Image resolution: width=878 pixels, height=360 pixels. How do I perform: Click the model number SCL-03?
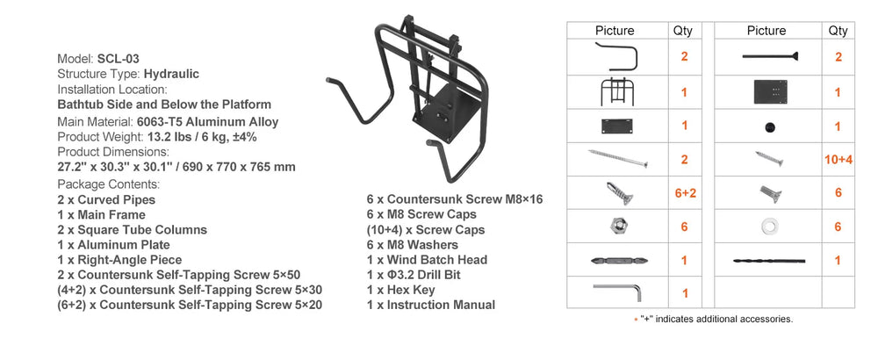(119, 59)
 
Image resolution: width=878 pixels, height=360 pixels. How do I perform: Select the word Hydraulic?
(171, 74)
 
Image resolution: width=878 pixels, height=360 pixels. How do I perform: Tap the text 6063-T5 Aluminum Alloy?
(208, 122)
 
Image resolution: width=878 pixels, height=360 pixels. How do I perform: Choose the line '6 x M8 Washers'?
(412, 245)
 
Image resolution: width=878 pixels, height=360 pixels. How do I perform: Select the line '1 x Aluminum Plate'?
(113, 245)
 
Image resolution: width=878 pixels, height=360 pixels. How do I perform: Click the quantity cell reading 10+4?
(838, 160)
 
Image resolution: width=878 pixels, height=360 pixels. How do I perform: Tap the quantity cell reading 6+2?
(684, 193)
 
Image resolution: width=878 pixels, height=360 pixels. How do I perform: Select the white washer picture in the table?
(769, 227)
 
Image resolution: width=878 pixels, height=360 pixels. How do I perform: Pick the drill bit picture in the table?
(769, 261)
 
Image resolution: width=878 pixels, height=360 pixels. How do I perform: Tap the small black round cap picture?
(770, 127)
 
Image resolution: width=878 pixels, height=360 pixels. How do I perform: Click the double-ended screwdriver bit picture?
(619, 261)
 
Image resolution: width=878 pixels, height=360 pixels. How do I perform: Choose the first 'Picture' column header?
(615, 30)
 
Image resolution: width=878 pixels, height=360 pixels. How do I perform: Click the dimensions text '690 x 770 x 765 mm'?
(241, 167)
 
